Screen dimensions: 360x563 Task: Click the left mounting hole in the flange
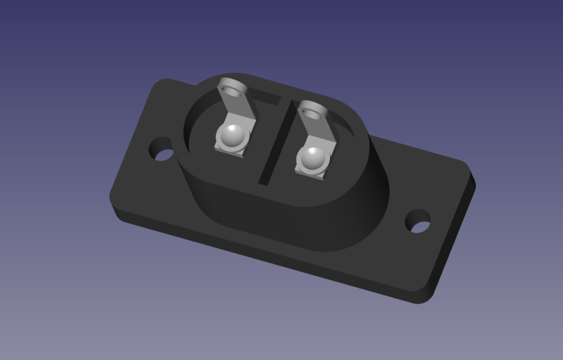[162, 150]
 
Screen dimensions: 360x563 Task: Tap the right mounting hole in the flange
[418, 221]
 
